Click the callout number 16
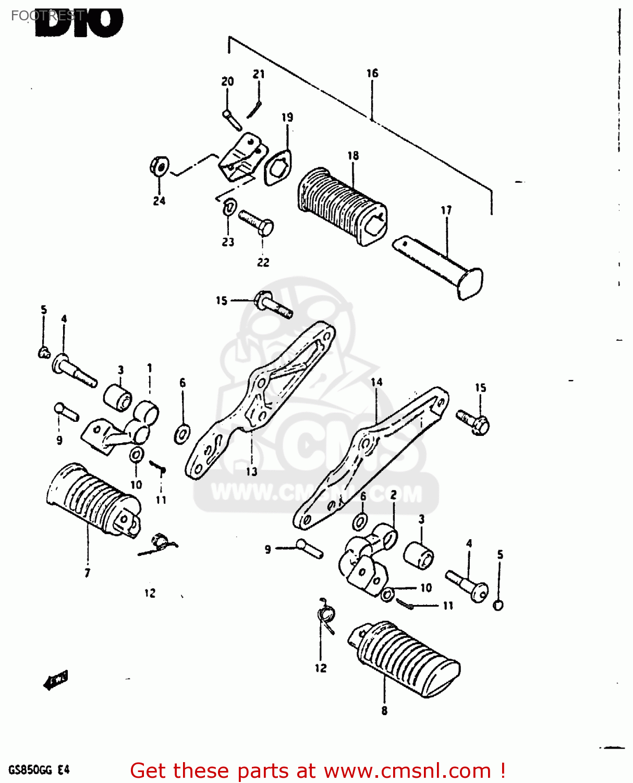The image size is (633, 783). pyautogui.click(x=372, y=74)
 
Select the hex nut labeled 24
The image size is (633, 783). pyautogui.click(x=159, y=167)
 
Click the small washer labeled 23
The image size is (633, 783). pyautogui.click(x=229, y=207)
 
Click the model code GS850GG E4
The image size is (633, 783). pyautogui.click(x=39, y=770)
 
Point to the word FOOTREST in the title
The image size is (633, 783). pyautogui.click(x=47, y=16)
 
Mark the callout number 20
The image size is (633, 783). pyautogui.click(x=227, y=81)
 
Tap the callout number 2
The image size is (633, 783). pyautogui.click(x=393, y=495)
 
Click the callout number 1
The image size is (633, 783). pyautogui.click(x=150, y=368)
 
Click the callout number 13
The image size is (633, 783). pyautogui.click(x=252, y=472)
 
